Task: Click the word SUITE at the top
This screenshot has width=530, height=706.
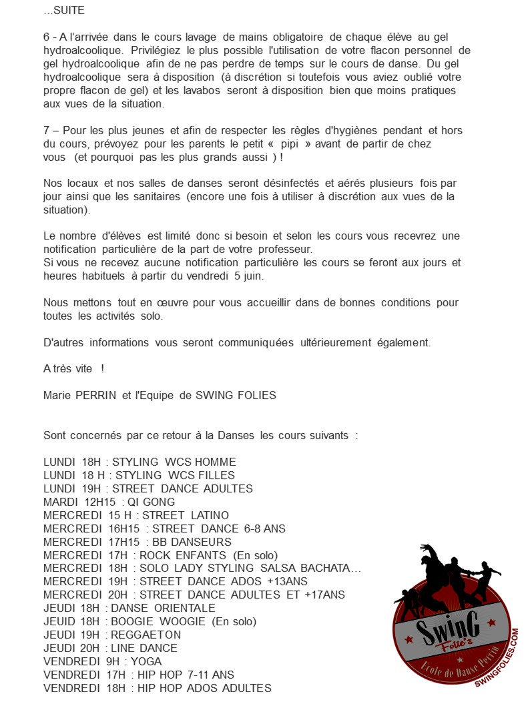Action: coord(69,11)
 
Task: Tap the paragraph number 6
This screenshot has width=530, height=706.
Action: coord(47,37)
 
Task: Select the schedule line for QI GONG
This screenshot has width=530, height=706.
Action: coord(109,502)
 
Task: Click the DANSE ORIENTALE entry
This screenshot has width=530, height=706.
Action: coord(129,608)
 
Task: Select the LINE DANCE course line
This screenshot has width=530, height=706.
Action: coord(110,648)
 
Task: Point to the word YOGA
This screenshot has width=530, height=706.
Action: coord(146,661)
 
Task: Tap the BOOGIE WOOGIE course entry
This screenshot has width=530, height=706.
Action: coord(150,621)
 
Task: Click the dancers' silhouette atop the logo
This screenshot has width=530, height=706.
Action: coord(449,574)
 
